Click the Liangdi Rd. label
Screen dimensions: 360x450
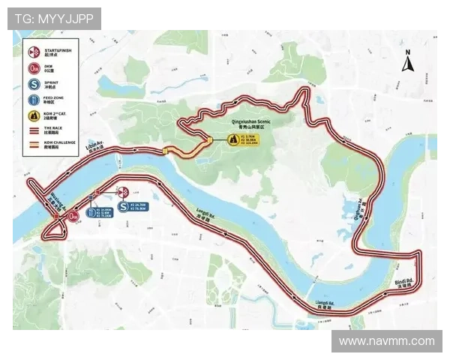pyautogui.click(x=325, y=304)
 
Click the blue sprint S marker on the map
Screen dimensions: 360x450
pyautogui.click(x=122, y=206)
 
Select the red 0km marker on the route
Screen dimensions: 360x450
pyautogui.click(x=73, y=216)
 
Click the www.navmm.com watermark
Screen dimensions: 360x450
pyautogui.click(x=386, y=341)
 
